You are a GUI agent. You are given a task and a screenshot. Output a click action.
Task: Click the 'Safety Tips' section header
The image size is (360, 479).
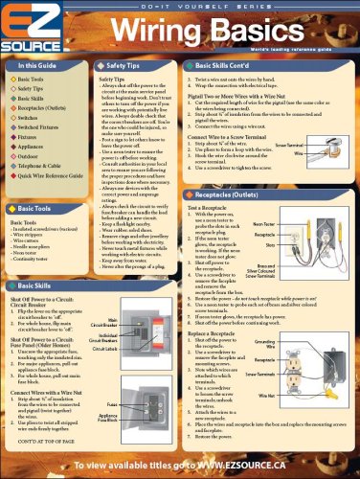pyautogui.click(x=122, y=64)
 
